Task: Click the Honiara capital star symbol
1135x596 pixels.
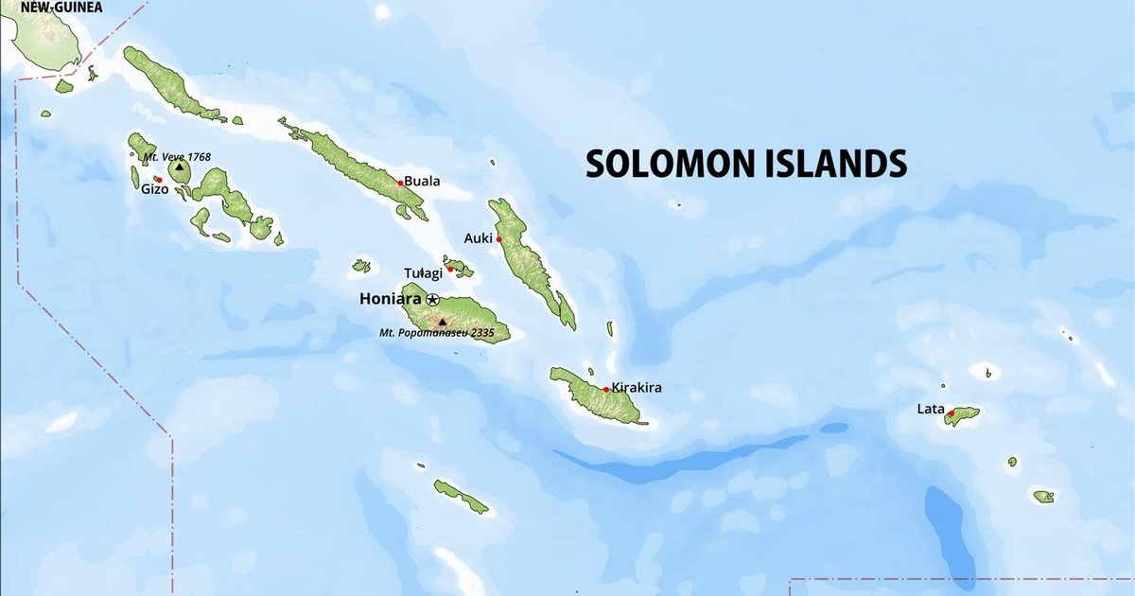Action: (x=432, y=299)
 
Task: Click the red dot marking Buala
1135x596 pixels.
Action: (x=401, y=183)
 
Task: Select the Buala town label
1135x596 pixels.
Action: (x=422, y=182)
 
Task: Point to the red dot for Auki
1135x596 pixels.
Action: (x=498, y=239)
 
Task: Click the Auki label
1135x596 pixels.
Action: (x=479, y=238)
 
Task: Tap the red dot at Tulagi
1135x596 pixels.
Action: (x=450, y=270)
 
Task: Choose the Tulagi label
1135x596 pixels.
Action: (x=423, y=272)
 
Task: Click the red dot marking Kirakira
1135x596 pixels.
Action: (x=605, y=389)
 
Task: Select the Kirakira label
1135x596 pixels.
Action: (x=636, y=387)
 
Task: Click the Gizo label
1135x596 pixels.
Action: (x=154, y=189)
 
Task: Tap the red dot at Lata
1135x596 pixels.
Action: (x=951, y=413)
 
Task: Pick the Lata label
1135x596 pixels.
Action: (x=931, y=410)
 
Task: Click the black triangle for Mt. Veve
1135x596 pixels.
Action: (x=180, y=167)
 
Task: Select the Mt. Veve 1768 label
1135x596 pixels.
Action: (x=177, y=156)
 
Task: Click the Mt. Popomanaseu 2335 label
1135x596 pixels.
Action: (x=437, y=333)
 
